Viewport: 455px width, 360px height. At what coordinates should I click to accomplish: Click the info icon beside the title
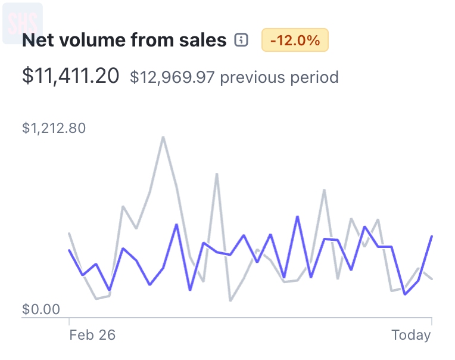coord(241,41)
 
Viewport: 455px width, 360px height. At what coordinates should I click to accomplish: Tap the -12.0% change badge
coord(295,41)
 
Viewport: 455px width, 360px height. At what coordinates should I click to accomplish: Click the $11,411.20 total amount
coord(70,76)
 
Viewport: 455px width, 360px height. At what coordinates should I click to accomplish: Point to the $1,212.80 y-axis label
coord(54,128)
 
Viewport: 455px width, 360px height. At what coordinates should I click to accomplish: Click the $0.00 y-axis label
coord(41,309)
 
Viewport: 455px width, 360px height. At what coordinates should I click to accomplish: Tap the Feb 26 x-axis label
coord(92,335)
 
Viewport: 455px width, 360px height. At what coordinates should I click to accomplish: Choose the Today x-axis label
coord(411,335)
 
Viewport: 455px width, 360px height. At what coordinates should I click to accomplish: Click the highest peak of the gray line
coord(163,137)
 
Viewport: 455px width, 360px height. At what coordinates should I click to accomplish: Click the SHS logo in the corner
coord(23,23)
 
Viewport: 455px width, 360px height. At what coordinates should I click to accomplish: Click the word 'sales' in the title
coord(202,41)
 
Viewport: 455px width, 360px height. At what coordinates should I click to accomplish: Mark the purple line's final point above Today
coord(431,237)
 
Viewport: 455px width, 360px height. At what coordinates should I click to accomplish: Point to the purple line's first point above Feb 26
coord(70,250)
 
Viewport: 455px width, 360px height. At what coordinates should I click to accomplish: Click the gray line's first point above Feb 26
coord(70,234)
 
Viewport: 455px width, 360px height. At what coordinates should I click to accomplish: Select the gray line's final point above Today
coord(431,279)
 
